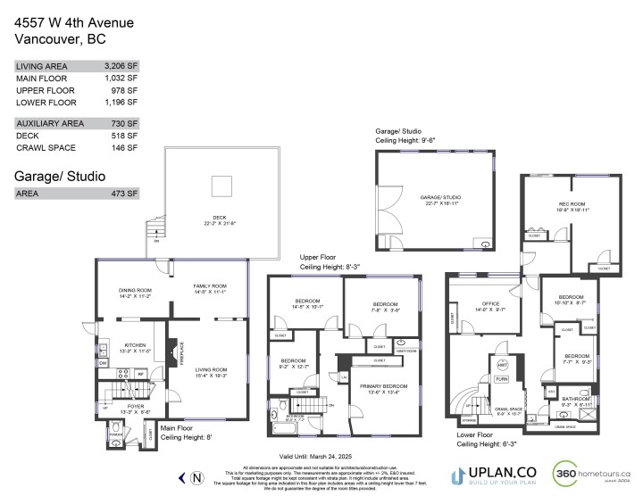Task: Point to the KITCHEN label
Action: [x=135, y=343]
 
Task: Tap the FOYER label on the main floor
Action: [x=121, y=409]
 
